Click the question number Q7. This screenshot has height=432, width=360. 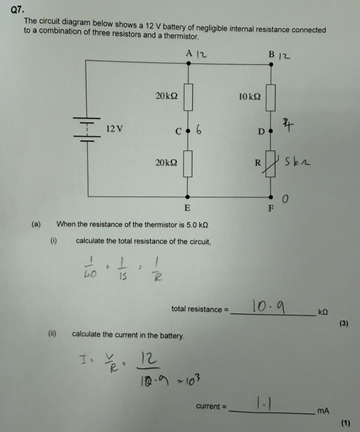tap(18, 8)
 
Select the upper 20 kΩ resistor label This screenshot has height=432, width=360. tap(167, 96)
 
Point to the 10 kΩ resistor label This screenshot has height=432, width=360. tap(250, 96)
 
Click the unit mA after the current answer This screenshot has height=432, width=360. tap(322, 410)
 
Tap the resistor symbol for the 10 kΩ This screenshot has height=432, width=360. tap(271, 96)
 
